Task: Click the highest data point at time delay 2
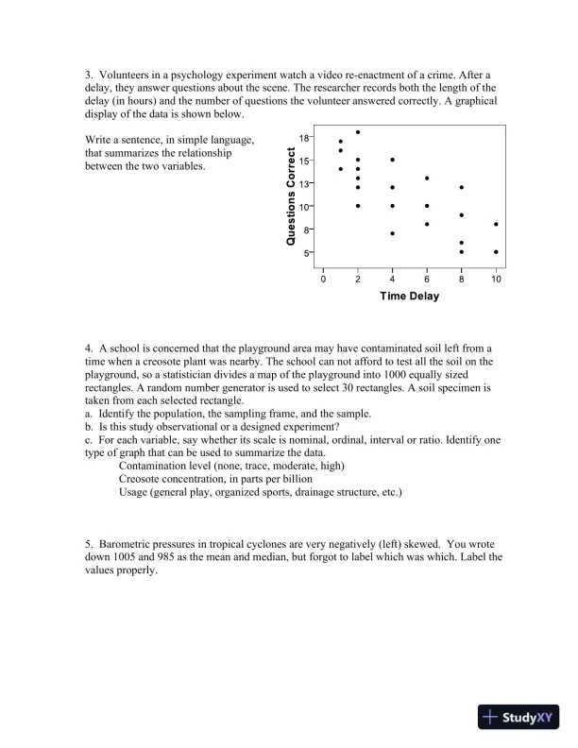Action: (x=358, y=132)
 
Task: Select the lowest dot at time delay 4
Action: (x=392, y=232)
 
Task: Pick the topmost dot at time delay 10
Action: (x=496, y=225)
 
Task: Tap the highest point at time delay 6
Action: (x=427, y=178)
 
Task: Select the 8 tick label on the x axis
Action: (x=461, y=280)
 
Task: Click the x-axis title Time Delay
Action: (x=409, y=297)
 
